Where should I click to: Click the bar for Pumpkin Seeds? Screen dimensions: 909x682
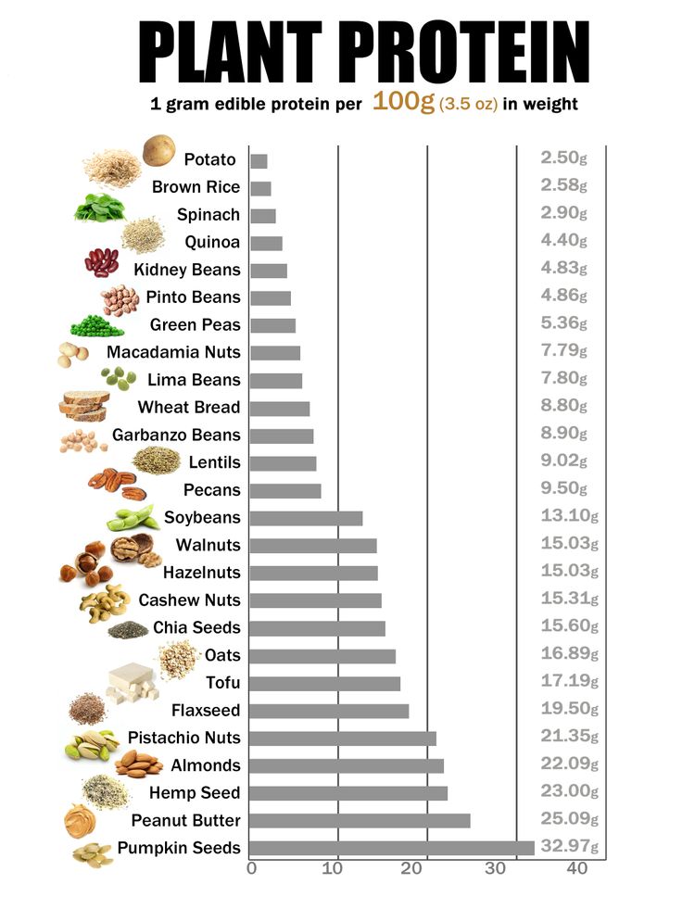[392, 848]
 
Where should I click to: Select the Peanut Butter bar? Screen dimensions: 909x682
[360, 820]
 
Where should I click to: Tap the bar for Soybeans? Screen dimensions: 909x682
[306, 518]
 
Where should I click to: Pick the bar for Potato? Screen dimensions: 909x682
[259, 161]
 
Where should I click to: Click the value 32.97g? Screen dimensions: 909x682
[569, 847]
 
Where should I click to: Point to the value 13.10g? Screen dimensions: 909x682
[569, 516]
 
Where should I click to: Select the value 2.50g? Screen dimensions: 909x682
[563, 158]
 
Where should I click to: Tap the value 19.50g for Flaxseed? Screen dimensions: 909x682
[569, 709]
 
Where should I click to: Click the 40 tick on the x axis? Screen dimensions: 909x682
[577, 868]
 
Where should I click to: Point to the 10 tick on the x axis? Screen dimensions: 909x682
[338, 868]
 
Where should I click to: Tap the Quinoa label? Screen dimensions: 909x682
[212, 243]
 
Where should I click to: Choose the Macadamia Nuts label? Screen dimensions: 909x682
[173, 352]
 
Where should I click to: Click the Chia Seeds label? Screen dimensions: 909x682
[196, 628]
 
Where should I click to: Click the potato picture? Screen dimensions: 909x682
[158, 149]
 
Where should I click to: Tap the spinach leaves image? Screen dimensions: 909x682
[98, 208]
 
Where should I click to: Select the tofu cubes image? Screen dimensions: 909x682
[130, 682]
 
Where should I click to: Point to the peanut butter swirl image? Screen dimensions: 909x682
[80, 820]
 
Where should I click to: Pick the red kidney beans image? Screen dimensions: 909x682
[101, 263]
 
